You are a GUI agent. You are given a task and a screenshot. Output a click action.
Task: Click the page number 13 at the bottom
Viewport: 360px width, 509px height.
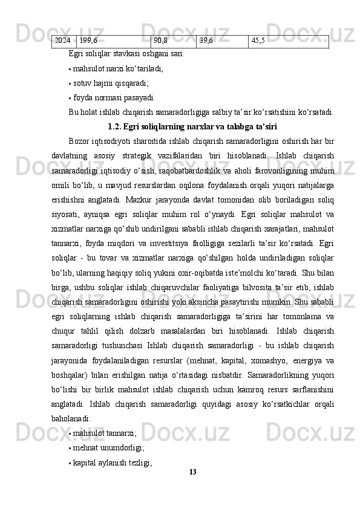click(x=193, y=471)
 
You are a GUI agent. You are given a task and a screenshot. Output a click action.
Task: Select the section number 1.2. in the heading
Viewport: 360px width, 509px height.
click(x=114, y=127)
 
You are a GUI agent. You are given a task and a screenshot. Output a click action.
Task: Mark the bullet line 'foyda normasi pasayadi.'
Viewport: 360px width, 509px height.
click(x=114, y=97)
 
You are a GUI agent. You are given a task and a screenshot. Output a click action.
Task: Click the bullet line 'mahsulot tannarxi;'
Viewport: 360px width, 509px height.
click(x=105, y=433)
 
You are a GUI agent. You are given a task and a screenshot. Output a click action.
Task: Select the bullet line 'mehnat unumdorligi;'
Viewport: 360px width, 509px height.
click(x=108, y=447)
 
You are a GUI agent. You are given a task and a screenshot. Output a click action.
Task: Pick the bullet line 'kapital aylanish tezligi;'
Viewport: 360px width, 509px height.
click(x=112, y=462)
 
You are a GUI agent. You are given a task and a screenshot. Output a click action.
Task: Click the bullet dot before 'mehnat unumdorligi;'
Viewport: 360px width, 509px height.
click(x=70, y=448)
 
